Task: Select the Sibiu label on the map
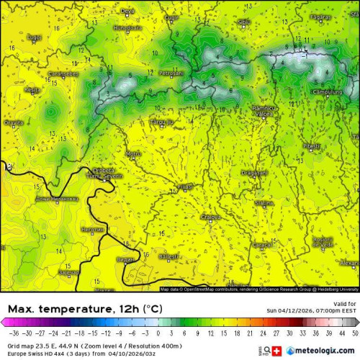(x=244, y=22)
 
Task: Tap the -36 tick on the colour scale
(x=12, y=335)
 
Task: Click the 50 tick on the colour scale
(x=353, y=335)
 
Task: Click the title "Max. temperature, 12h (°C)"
(x=84, y=309)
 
